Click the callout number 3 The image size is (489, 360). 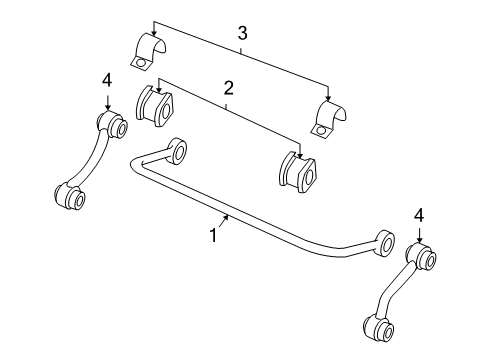[242, 35]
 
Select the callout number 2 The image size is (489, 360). [228, 89]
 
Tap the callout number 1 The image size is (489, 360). [212, 236]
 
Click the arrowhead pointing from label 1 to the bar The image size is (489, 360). [228, 217]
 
